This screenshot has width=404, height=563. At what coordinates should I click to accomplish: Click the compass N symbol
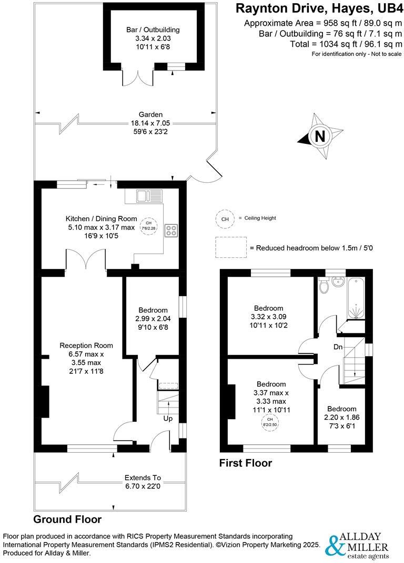pos(319,137)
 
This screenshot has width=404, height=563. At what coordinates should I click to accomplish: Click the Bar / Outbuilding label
pos(153,30)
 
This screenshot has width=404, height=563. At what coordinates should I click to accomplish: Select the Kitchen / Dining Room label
pos(101,218)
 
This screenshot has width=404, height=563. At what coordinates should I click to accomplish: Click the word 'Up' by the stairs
pos(168,419)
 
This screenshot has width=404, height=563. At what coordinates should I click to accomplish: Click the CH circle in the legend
pos(225,218)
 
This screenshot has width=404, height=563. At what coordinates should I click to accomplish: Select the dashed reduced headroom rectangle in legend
pos(231,247)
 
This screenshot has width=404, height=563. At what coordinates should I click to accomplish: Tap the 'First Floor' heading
pos(246,463)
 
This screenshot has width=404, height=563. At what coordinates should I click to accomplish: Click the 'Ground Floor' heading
pos(67,519)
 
